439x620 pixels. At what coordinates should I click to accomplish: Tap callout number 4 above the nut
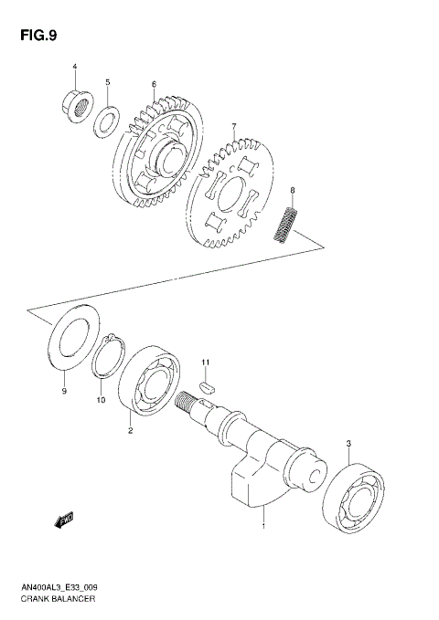75,67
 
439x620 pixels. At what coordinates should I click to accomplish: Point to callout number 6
154,84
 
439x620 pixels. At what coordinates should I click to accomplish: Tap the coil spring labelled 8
288,224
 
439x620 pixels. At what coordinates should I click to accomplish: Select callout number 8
292,190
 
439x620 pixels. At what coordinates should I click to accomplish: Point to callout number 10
101,400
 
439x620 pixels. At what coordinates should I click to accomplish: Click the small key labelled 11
206,387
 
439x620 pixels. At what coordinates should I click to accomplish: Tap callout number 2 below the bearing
130,431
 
